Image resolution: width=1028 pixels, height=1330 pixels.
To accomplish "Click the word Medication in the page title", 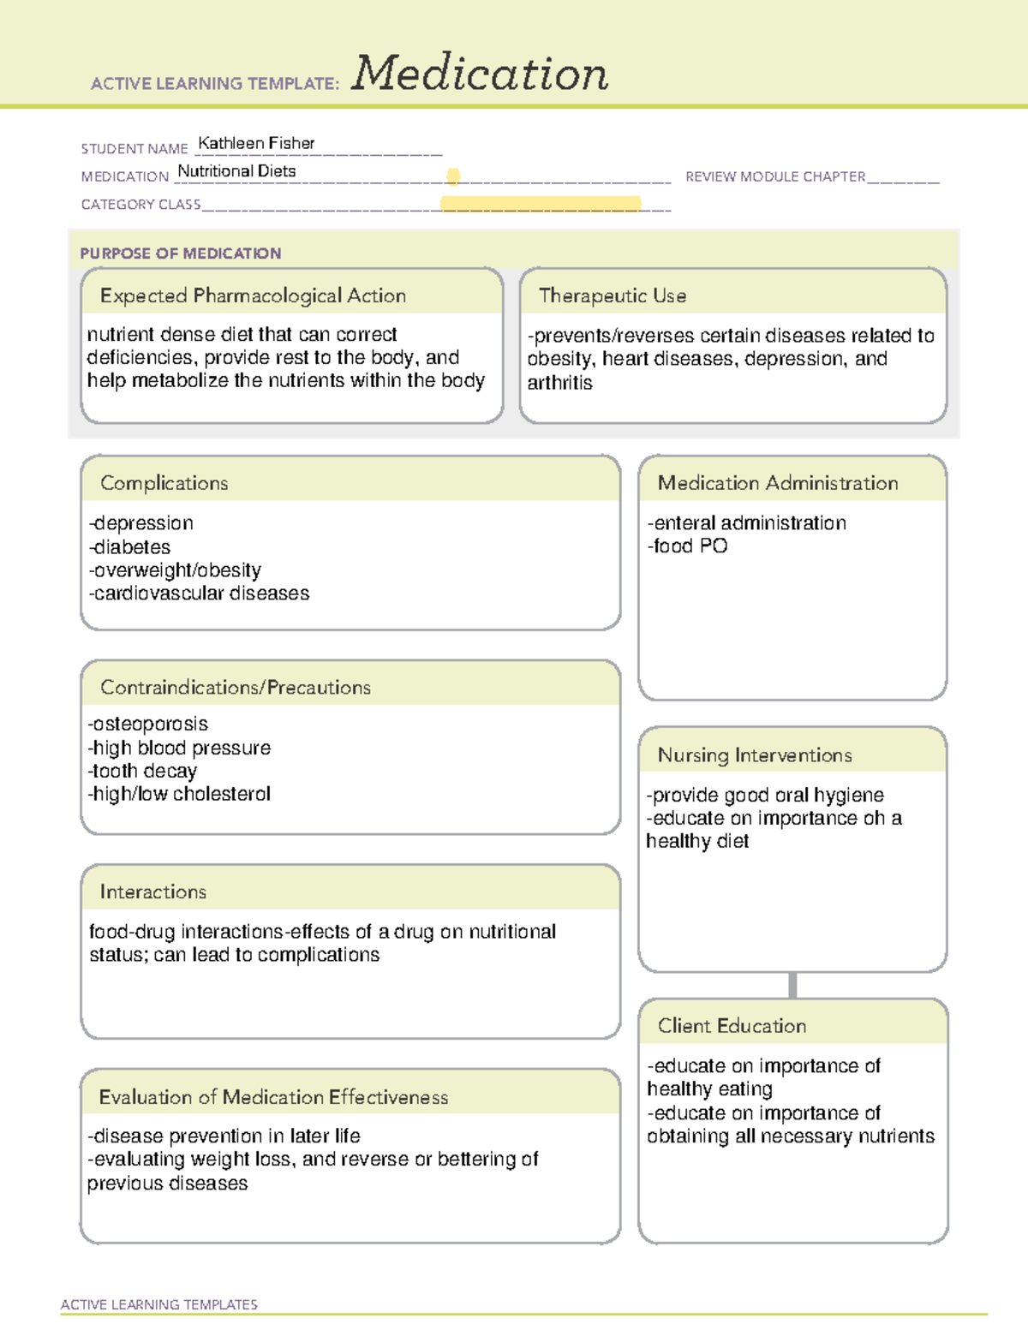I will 480,74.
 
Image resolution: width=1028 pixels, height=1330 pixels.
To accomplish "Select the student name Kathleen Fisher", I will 256,143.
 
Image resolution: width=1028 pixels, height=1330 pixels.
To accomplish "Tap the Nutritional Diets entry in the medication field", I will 236,171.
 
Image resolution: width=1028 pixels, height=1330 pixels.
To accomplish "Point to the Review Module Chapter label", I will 775,176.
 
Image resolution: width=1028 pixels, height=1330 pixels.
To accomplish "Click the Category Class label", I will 140,205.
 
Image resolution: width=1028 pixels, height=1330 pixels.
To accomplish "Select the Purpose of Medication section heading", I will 181,253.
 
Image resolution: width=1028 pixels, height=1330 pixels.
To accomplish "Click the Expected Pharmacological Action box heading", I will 253,295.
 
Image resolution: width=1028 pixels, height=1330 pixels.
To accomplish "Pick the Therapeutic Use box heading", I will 613,295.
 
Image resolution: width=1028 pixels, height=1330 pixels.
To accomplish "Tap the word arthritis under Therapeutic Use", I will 560,383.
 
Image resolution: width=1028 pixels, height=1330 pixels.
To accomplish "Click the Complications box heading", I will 164,483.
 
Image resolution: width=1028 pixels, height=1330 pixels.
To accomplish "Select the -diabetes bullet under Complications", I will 129,546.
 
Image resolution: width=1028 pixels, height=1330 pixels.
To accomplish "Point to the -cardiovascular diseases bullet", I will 199,593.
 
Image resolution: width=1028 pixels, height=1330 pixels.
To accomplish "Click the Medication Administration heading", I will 778,483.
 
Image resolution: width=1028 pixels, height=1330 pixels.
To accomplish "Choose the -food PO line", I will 688,546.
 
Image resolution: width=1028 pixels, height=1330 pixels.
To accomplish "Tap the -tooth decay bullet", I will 142,771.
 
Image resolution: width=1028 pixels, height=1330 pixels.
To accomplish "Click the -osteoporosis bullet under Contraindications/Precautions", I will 148,725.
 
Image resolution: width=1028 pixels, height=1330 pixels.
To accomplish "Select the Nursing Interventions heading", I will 755,755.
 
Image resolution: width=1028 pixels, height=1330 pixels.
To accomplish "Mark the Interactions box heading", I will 153,892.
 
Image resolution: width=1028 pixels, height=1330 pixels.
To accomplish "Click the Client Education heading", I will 732,1026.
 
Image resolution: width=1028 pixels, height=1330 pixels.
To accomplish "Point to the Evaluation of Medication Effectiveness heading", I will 273,1097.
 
